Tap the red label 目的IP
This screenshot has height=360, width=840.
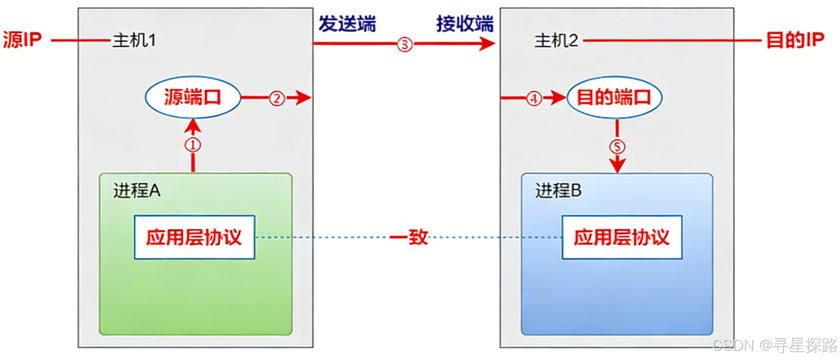pos(795,41)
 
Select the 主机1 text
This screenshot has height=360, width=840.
pos(134,41)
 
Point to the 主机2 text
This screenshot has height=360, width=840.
pos(556,41)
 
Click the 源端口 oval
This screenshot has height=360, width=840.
pos(193,98)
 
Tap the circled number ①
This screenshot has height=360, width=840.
pos(193,145)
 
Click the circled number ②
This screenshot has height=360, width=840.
pos(276,98)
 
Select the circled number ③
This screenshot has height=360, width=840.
pos(404,44)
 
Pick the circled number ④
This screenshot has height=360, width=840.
pos(533,98)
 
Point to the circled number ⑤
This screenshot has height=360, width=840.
pos(617,147)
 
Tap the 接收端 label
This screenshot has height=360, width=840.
pos(465,24)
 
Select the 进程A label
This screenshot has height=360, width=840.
pos(137,191)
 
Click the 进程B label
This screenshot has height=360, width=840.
pos(558,191)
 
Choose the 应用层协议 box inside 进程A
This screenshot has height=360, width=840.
pos(194,237)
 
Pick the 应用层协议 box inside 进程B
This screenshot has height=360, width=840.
pos(622,237)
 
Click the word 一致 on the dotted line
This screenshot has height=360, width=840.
pos(409,237)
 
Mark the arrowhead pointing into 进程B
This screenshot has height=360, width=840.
pos(617,167)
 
